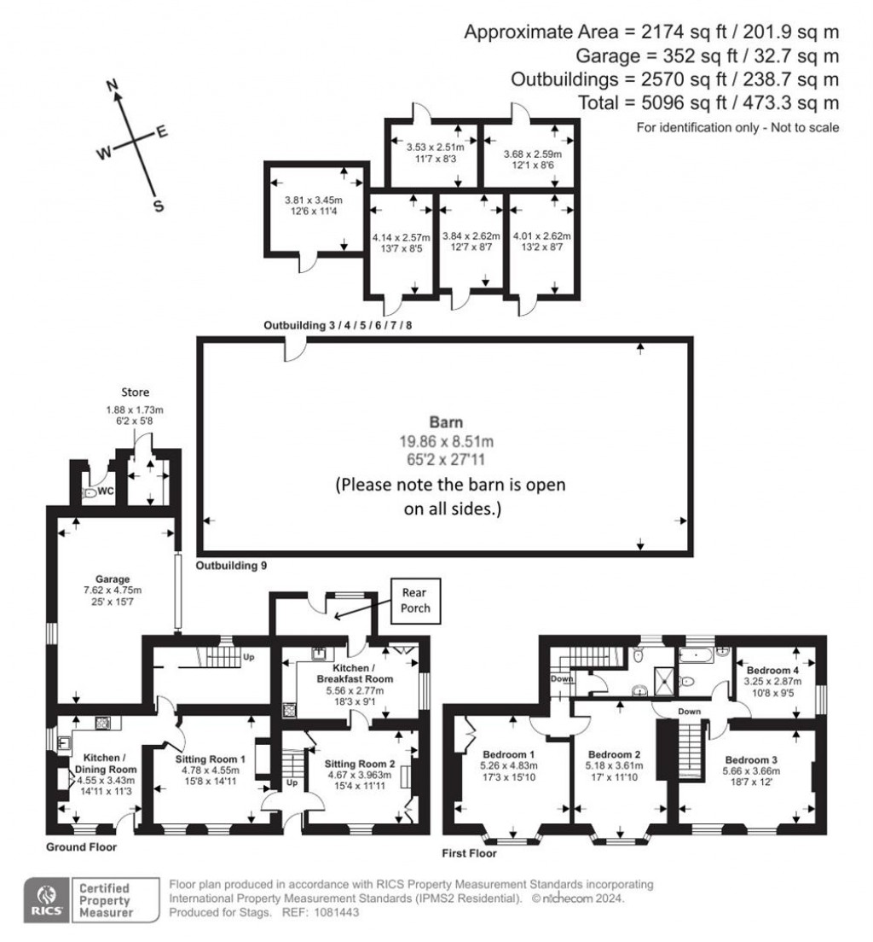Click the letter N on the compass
click(x=111, y=84)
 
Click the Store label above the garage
click(x=135, y=392)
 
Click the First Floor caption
click(x=468, y=852)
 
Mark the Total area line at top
click(x=731, y=102)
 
